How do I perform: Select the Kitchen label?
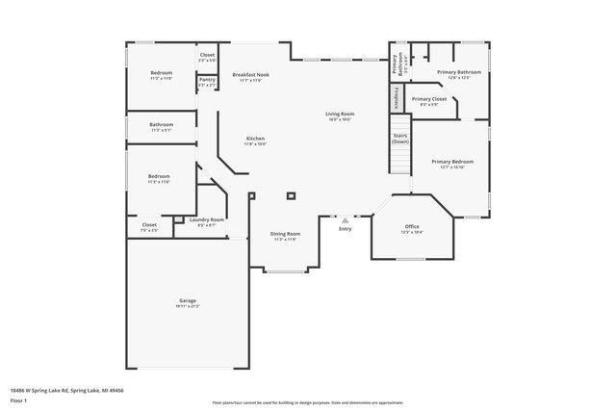click(255, 141)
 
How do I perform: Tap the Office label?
click(411, 228)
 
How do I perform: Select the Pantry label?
click(207, 82)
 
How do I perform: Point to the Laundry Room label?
click(206, 221)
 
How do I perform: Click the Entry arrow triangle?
click(345, 220)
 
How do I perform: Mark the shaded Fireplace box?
click(395, 97)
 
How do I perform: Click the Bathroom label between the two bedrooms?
click(161, 126)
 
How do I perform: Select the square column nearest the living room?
click(291, 195)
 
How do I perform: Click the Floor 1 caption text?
click(18, 399)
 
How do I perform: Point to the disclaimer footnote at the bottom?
click(307, 401)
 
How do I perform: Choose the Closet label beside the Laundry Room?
click(149, 227)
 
